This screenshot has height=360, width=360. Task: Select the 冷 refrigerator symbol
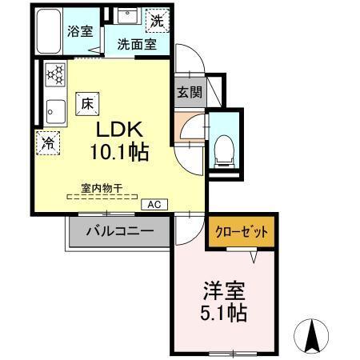coord(49,144)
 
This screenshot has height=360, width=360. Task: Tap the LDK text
coord(121,128)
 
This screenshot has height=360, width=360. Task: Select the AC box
coord(154,205)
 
